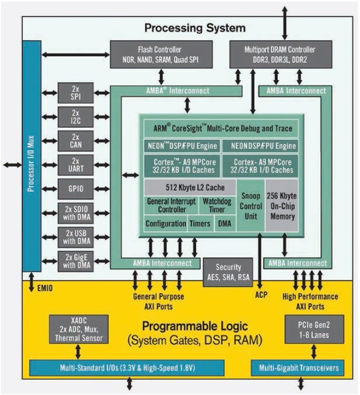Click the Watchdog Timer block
(x=214, y=205)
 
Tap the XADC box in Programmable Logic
(x=79, y=329)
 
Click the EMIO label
(x=45, y=288)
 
